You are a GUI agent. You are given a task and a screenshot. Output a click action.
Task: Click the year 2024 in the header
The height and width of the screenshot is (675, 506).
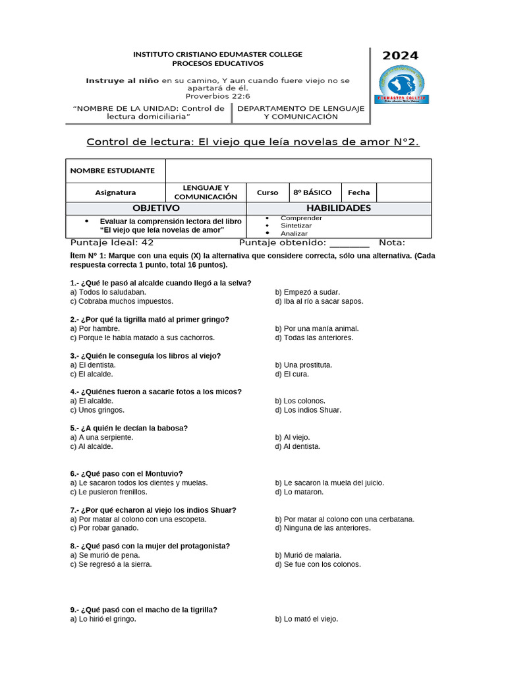(400, 55)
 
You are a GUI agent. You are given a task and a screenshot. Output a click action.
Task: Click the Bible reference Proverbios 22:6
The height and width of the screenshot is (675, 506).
(217, 95)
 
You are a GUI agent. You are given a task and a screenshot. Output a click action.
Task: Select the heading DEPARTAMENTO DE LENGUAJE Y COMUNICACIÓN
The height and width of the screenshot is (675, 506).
(300, 112)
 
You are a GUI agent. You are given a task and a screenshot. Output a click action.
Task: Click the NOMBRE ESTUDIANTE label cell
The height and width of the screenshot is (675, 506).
(113, 170)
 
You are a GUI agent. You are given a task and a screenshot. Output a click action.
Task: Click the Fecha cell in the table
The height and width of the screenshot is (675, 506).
(358, 192)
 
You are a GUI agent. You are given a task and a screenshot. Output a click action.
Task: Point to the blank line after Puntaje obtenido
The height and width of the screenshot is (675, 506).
(349, 243)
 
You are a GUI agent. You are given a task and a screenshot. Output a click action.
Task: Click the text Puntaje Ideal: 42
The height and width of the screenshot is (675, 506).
(112, 243)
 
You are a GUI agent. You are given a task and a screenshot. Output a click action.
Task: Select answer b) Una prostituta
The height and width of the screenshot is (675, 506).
(303, 365)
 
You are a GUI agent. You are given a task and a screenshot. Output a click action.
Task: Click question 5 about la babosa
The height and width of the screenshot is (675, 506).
(129, 428)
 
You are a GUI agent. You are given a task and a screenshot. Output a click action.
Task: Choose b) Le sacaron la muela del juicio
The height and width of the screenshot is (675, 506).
(329, 483)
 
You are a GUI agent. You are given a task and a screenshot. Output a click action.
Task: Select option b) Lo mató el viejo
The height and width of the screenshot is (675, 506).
(306, 619)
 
